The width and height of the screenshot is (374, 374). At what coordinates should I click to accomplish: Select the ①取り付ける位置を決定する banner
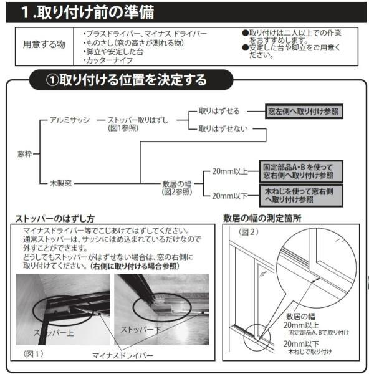click(127, 80)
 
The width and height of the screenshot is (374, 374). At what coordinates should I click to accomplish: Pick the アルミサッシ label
click(70, 120)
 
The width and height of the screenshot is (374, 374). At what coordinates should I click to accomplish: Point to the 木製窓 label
click(61, 183)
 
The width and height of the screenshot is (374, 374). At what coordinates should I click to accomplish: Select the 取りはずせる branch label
click(219, 110)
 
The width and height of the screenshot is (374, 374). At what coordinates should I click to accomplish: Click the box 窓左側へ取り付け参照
click(304, 110)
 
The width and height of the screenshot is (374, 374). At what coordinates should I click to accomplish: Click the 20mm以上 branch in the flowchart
click(229, 171)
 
